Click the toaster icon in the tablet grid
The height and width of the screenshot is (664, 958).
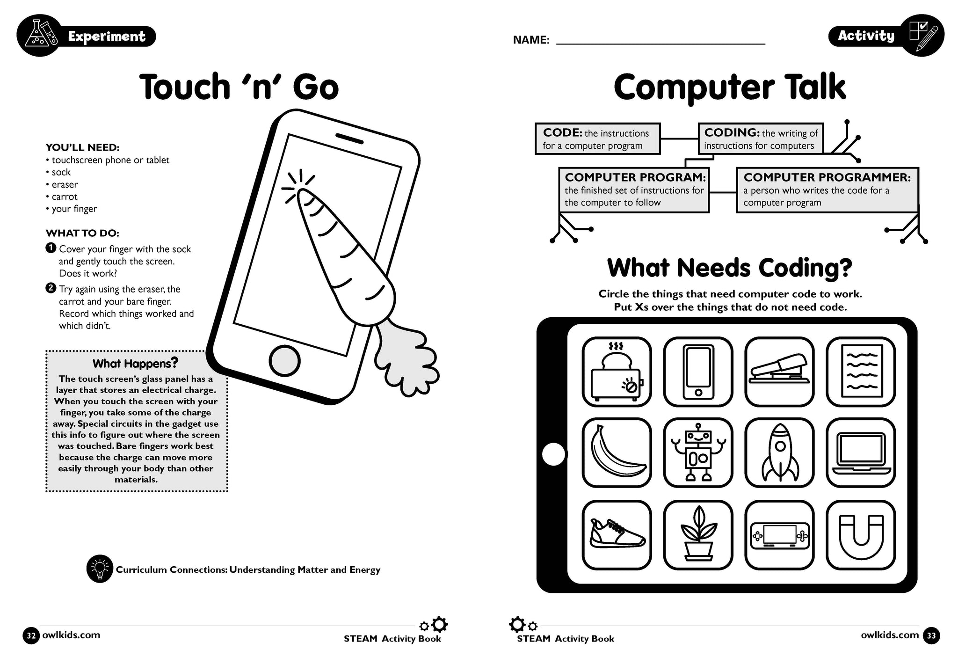pyautogui.click(x=617, y=372)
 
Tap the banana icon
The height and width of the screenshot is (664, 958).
pyautogui.click(x=617, y=453)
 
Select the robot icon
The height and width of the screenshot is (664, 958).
pyautogui.click(x=698, y=453)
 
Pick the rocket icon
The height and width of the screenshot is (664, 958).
pyautogui.click(x=779, y=453)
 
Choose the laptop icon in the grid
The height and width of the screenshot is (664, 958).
pyautogui.click(x=861, y=453)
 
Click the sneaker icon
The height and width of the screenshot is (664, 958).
pyautogui.click(x=617, y=534)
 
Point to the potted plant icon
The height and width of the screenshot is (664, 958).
pyautogui.click(x=698, y=534)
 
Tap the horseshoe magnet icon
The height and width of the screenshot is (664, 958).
pyautogui.click(x=861, y=534)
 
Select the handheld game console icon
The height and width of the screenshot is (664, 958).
pyautogui.click(x=779, y=534)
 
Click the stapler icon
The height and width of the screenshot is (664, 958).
pyautogui.click(x=779, y=372)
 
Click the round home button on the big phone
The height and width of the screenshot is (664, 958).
pyautogui.click(x=284, y=360)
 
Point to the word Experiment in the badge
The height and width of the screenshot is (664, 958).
pyautogui.click(x=107, y=36)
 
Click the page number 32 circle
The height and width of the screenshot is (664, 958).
pyautogui.click(x=31, y=636)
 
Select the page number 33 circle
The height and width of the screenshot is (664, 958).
pyautogui.click(x=931, y=636)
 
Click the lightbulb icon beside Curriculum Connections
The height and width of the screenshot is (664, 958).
pyautogui.click(x=100, y=569)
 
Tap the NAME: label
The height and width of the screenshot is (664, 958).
pyautogui.click(x=531, y=40)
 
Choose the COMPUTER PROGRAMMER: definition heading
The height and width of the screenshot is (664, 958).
pyautogui.click(x=827, y=177)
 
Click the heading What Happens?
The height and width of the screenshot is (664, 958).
pyautogui.click(x=135, y=363)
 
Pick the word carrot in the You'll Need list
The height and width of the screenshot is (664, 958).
pyautogui.click(x=65, y=197)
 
